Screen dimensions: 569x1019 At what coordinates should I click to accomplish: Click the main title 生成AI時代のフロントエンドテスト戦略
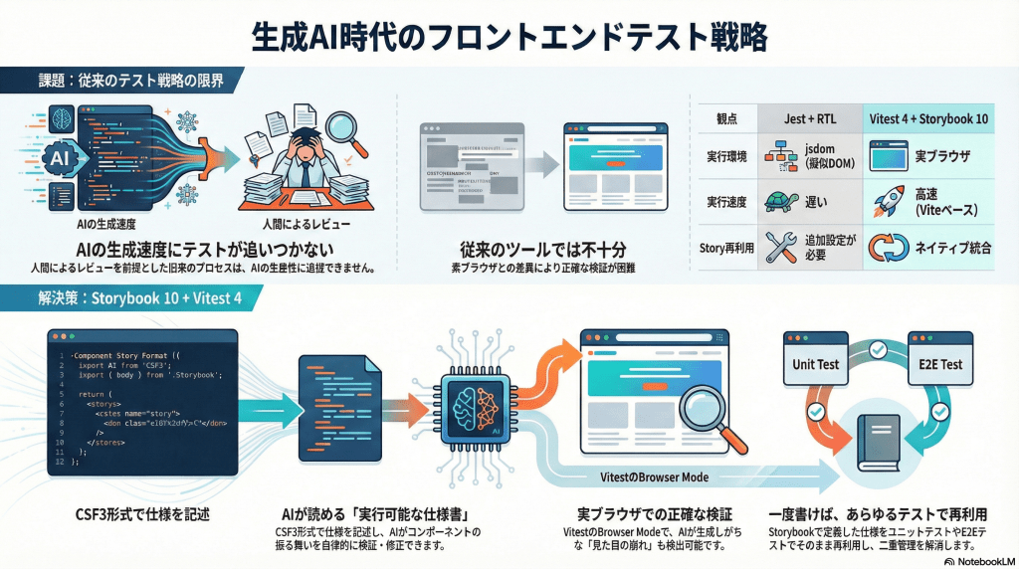pyautogui.click(x=509, y=37)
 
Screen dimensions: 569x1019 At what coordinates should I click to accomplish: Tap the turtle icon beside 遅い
pyautogui.click(x=778, y=202)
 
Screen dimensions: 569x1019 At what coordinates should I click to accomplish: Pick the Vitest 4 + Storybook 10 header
pyautogui.click(x=927, y=118)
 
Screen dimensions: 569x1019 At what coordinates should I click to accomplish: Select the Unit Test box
pyautogui.click(x=815, y=364)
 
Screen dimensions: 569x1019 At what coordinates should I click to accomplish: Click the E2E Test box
pyautogui.click(x=936, y=364)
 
